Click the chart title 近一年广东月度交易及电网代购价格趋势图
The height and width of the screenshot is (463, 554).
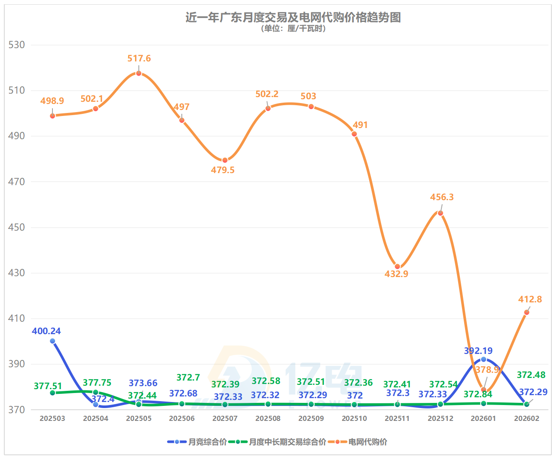click(293, 18)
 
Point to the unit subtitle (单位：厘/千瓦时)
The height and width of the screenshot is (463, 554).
click(293, 29)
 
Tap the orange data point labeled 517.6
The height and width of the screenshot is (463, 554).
click(139, 73)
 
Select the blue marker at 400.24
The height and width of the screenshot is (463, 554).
click(52, 341)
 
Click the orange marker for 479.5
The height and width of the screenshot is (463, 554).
click(225, 160)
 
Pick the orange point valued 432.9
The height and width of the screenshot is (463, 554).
click(398, 267)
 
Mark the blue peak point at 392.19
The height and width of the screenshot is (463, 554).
click(484, 359)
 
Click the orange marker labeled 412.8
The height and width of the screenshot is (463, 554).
click(526, 312)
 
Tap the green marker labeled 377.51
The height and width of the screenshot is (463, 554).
click(52, 393)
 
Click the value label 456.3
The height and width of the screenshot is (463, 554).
click(442, 197)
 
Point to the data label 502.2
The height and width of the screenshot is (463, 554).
click(267, 94)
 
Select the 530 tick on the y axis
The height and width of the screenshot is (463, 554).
click(17, 45)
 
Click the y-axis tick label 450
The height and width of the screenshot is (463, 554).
click(17, 227)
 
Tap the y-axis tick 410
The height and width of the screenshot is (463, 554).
click(17, 318)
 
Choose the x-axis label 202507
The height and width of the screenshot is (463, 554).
click(225, 418)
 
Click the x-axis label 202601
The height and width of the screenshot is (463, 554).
click(484, 418)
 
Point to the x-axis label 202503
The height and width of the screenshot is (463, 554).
click(52, 418)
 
